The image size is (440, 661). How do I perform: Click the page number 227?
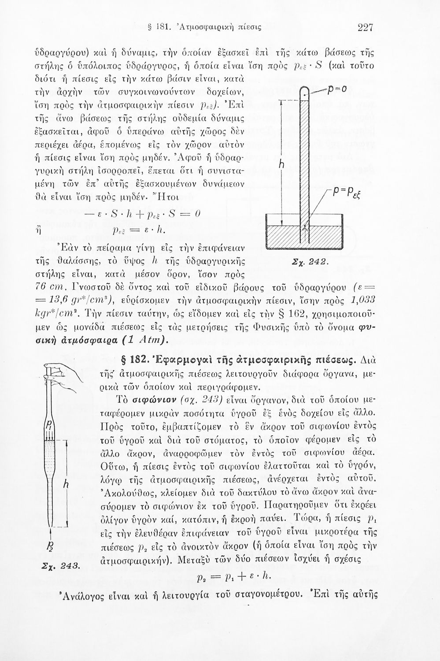(365, 28)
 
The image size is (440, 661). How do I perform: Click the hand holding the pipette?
(64, 371)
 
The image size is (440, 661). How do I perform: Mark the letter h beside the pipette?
(66, 484)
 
